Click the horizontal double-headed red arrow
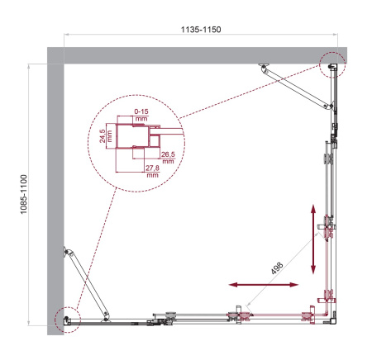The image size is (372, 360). [264, 286]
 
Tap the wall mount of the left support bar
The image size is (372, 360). [67, 249]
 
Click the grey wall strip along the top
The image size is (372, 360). [198, 54]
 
